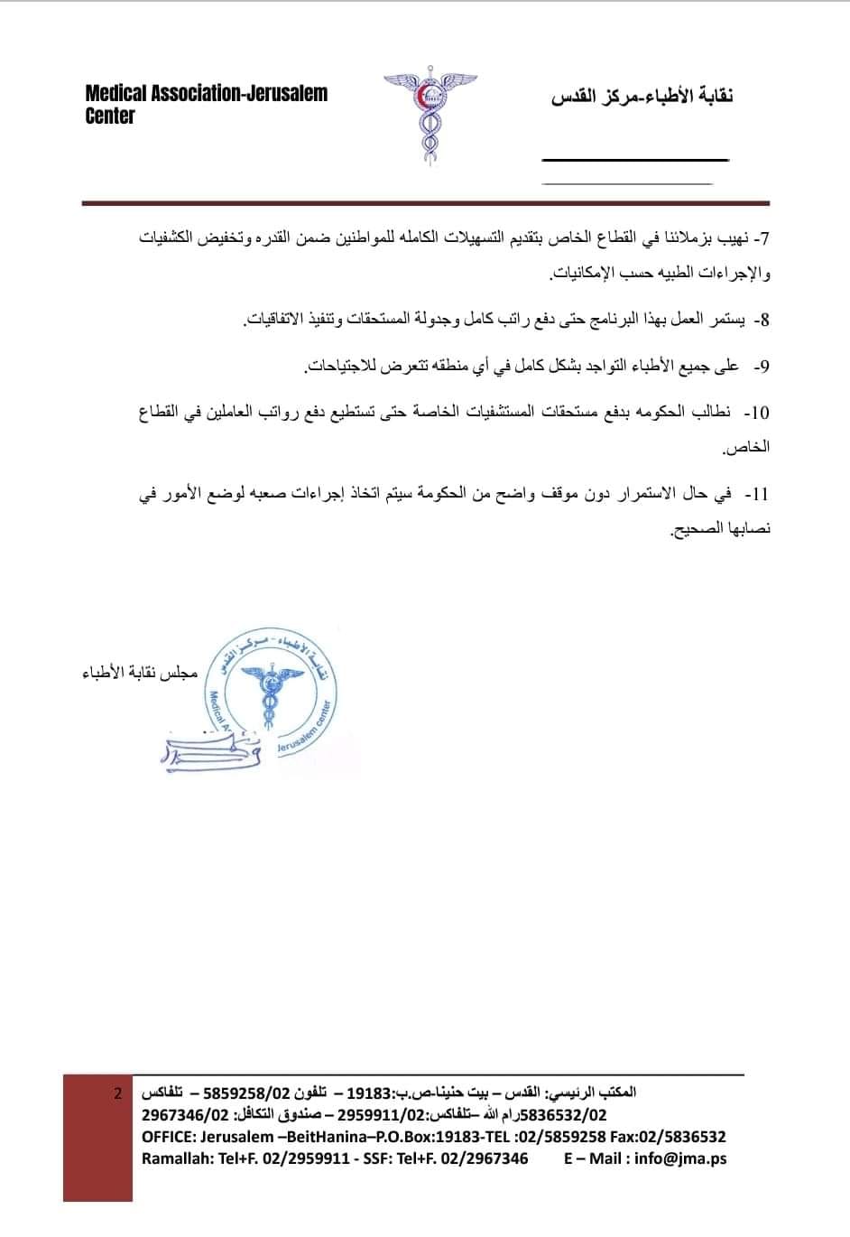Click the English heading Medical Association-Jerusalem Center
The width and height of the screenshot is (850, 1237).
(206, 104)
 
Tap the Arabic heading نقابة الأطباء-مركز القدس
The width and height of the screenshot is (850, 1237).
(642, 97)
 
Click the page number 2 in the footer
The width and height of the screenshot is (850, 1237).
(118, 1093)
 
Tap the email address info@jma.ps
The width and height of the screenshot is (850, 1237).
(680, 1158)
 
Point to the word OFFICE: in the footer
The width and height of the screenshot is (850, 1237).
(168, 1137)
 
